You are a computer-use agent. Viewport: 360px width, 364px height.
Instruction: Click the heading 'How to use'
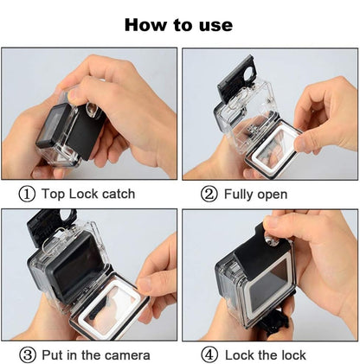pos(178,24)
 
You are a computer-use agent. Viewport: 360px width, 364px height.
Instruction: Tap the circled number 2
pos(209,194)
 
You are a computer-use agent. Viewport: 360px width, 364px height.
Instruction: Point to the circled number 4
pos(209,355)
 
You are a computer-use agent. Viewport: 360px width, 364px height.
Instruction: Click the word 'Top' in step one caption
pos(54,194)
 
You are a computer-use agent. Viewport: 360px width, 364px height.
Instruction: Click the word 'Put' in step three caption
pos(54,355)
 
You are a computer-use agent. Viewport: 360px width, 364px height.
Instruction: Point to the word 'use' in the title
pos(213,24)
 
